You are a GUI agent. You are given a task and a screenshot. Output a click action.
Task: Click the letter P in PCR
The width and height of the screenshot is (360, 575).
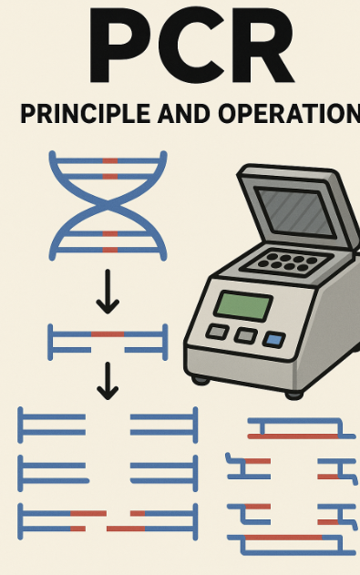[x=120, y=46]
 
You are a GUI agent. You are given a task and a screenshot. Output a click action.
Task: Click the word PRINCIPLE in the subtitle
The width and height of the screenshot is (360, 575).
[x=85, y=114]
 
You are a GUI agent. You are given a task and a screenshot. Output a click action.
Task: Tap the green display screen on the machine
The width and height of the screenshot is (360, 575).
[x=243, y=306]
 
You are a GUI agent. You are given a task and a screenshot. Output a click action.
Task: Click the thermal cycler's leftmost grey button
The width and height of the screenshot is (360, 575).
[x=218, y=333]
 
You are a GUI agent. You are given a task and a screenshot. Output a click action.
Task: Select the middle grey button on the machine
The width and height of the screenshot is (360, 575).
[x=246, y=335]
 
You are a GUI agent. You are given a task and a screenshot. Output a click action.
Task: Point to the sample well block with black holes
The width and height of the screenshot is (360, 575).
[x=288, y=262]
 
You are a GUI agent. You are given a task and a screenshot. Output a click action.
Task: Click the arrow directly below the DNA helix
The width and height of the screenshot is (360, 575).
[x=108, y=292]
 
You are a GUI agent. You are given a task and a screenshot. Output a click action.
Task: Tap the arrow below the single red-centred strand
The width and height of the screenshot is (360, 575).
[x=108, y=381]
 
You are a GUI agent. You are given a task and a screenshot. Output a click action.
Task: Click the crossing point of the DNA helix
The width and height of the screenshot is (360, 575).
[x=108, y=206]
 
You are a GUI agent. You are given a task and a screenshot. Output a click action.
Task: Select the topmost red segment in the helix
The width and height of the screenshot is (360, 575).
[x=110, y=161]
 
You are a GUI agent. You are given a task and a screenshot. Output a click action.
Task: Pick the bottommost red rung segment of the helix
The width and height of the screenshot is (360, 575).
[x=110, y=250]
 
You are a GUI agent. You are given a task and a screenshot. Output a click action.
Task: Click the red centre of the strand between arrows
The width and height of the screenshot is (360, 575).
[x=108, y=334]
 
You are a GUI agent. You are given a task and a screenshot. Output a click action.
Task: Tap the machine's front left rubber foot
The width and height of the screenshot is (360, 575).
[x=201, y=380]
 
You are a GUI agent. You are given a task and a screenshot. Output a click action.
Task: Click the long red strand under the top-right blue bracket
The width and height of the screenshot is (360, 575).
[x=293, y=436]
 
